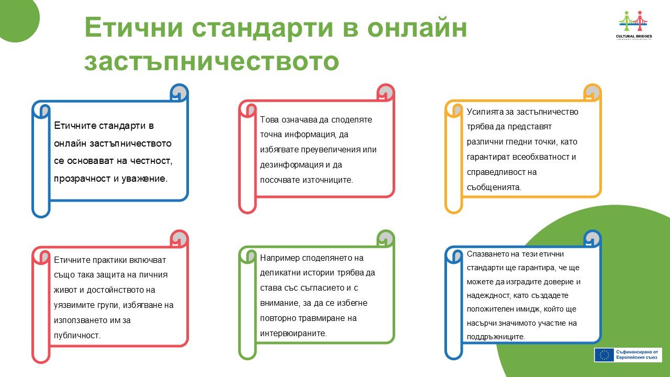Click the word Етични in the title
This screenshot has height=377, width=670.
click(x=133, y=27)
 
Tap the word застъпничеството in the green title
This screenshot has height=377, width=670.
click(x=212, y=61)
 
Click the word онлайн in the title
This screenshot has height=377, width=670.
click(x=417, y=28)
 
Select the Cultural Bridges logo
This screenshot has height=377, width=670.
click(x=634, y=25)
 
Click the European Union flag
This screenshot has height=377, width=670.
click(x=604, y=355)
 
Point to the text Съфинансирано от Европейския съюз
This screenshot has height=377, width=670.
click(x=637, y=355)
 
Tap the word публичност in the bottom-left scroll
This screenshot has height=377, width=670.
click(x=77, y=336)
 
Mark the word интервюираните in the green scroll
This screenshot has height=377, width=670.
click(x=294, y=334)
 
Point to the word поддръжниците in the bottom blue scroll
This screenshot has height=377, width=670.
click(x=496, y=337)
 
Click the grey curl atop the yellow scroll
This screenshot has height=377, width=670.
click(x=592, y=93)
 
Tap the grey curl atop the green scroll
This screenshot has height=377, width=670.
click(x=386, y=238)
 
